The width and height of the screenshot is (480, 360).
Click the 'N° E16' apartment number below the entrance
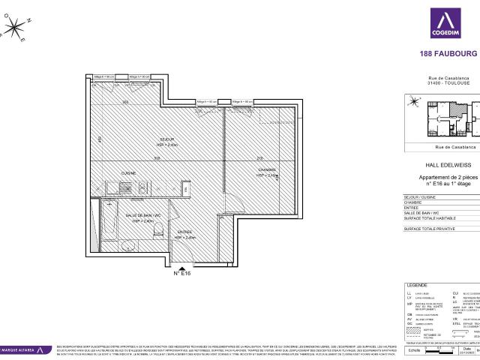(x=183, y=274)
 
